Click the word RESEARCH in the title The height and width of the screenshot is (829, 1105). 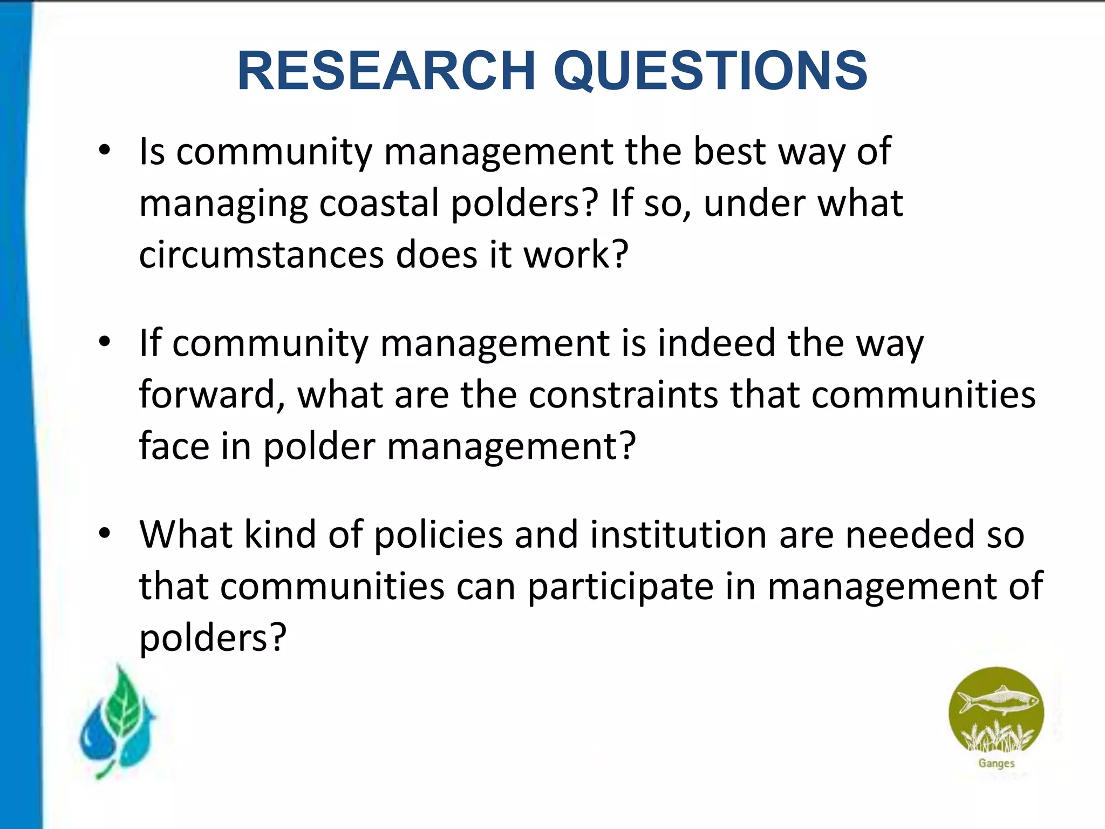click(386, 71)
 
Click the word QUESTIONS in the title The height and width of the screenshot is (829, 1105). click(711, 71)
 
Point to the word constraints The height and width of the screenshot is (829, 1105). click(623, 395)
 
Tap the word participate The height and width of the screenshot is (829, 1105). click(620, 587)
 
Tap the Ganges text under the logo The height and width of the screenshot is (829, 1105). click(996, 763)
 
